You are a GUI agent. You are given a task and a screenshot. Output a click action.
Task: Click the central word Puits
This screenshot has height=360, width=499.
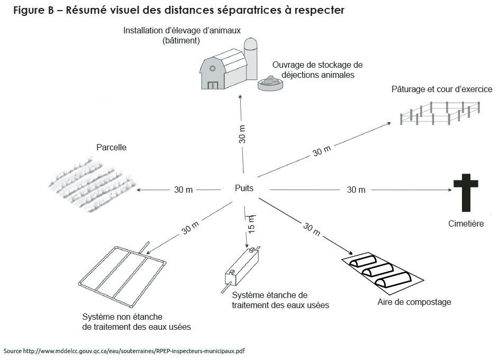[244, 188]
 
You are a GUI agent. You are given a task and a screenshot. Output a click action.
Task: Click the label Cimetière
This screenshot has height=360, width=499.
[466, 224]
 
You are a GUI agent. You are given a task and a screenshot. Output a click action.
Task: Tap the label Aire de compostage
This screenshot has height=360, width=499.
[414, 302]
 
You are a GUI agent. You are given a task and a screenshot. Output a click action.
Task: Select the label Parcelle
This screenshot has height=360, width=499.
[111, 148]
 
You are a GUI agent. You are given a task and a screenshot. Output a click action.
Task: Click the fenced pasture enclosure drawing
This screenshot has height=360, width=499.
[440, 112]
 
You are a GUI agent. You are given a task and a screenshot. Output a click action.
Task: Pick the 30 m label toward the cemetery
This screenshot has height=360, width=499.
[356, 189]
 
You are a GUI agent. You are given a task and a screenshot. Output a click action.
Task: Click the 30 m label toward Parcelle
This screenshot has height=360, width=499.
[183, 190]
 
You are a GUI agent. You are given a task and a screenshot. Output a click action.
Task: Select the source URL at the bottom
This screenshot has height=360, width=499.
[124, 351]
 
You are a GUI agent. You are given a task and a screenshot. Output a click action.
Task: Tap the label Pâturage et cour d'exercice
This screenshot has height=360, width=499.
[442, 89]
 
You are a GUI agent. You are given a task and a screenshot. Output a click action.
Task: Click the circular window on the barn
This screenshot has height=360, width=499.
[212, 68]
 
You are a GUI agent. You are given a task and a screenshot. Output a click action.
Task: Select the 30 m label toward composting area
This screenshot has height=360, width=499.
[311, 228]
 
